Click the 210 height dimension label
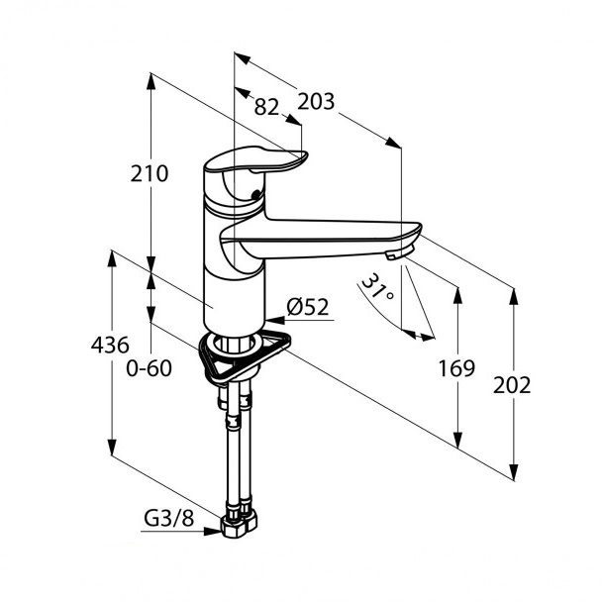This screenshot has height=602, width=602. tap(150, 173)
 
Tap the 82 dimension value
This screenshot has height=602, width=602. tap(266, 107)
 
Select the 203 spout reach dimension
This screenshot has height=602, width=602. tap(316, 102)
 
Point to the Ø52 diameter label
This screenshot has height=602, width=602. tap(308, 307)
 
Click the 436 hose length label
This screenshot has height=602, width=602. tap(110, 345)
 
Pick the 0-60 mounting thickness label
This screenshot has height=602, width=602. tap(149, 368)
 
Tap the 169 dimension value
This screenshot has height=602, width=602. tap(456, 368)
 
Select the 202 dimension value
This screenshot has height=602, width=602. tap(512, 385)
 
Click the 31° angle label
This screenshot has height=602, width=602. tap(378, 287)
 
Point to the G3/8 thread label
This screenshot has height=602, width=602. tap(169, 519)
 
